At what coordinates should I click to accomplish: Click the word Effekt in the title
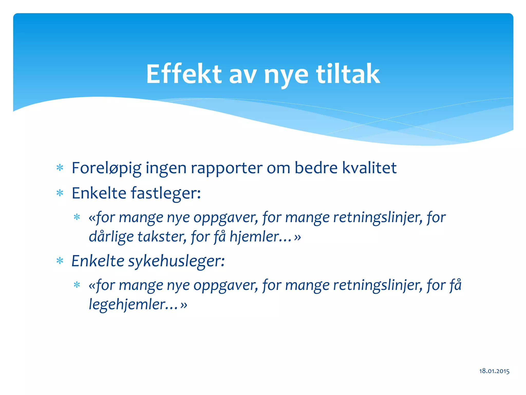tap(183, 74)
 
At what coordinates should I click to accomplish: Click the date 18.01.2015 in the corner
tap(494, 371)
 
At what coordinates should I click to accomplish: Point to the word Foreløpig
tap(106, 168)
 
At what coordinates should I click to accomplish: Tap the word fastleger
tap(166, 193)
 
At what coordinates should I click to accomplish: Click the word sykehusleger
tap(176, 261)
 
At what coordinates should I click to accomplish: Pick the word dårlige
tap(111, 237)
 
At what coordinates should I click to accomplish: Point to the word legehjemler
tap(133, 304)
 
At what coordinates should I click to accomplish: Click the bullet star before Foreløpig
tap(60, 168)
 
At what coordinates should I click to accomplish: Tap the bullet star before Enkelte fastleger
tap(60, 193)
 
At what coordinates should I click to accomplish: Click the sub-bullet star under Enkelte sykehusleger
tap(77, 285)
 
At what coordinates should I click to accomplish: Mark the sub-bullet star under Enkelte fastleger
tap(77, 217)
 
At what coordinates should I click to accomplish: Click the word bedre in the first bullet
tap(316, 168)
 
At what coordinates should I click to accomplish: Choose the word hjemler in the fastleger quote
tap(260, 237)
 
